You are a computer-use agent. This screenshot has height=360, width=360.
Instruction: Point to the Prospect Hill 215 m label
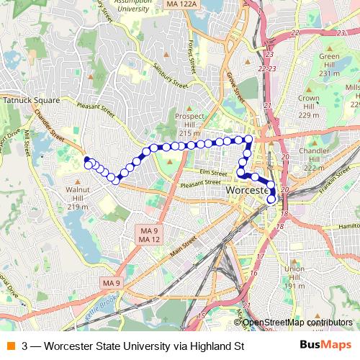tap(189, 125)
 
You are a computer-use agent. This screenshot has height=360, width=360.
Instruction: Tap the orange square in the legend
tap(9, 346)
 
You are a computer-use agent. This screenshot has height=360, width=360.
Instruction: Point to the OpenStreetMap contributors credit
tap(297, 323)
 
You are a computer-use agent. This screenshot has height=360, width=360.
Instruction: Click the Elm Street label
tap(214, 172)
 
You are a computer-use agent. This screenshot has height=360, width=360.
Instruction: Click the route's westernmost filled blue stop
tap(86, 159)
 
